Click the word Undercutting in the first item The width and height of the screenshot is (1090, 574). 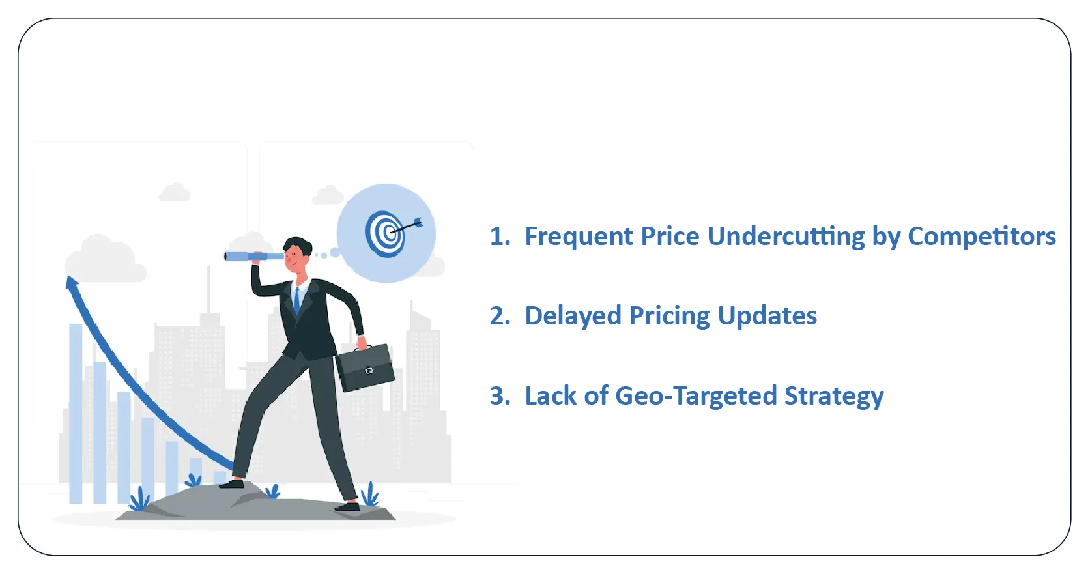786,237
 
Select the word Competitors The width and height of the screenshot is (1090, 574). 982,237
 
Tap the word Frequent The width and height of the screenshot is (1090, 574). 579,237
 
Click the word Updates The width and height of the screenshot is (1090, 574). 767,316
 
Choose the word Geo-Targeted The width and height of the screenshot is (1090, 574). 696,396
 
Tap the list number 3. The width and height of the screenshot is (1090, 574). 500,395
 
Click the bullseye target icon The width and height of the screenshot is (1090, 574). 385,233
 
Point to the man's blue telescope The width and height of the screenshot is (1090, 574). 254,256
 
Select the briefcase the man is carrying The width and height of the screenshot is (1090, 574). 365,367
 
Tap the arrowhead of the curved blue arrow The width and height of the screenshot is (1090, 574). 72,282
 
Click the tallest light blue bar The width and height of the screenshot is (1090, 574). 76,414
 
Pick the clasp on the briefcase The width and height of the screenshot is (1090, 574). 369,371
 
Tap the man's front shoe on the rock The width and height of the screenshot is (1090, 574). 232,484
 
